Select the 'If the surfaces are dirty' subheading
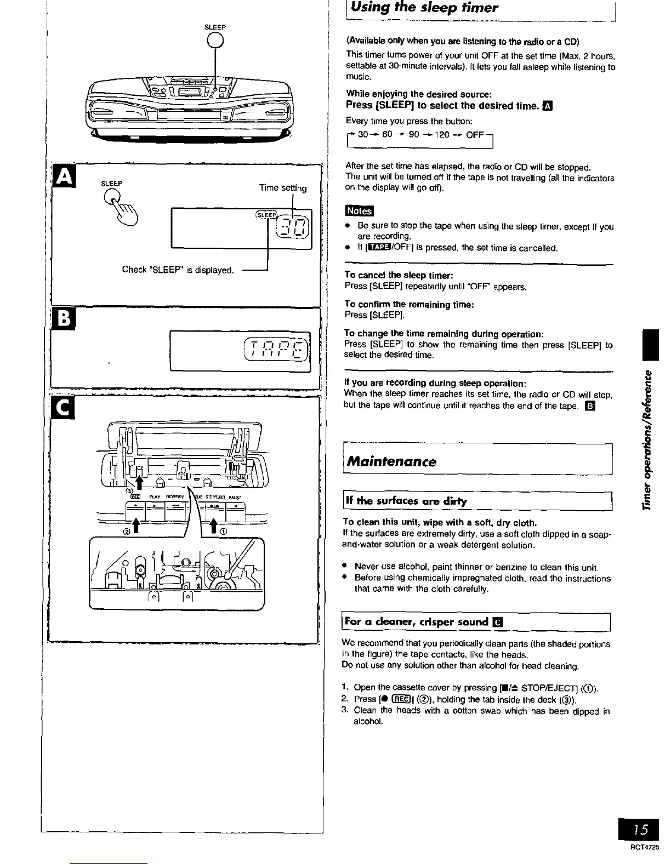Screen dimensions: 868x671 click(x=406, y=501)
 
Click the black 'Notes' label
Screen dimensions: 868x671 click(x=359, y=211)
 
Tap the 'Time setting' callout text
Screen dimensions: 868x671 click(x=283, y=188)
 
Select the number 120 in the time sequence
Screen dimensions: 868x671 click(x=442, y=135)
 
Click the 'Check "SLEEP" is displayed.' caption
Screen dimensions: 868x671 click(x=178, y=270)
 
